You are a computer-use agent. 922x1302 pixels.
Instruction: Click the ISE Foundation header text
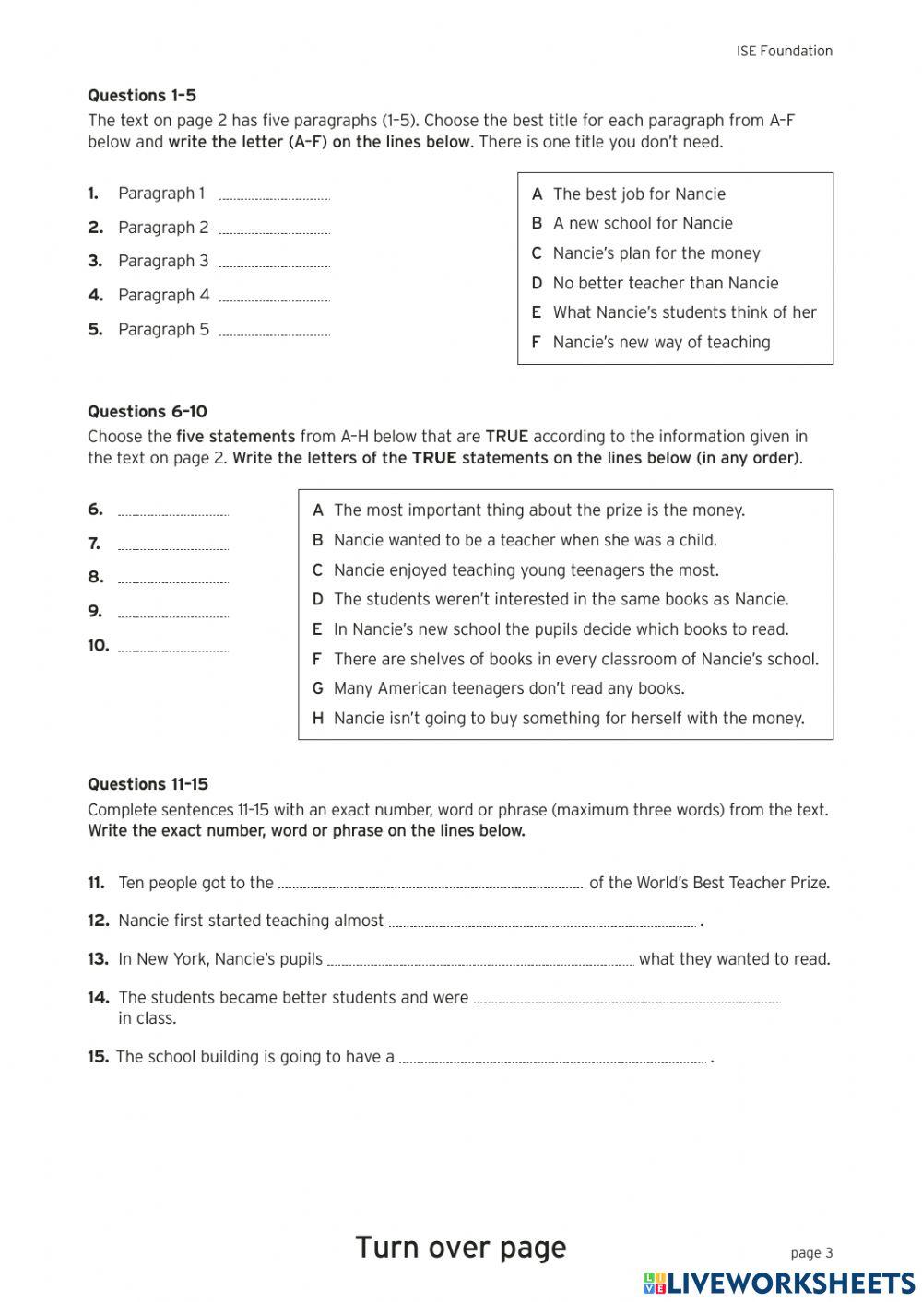(x=784, y=52)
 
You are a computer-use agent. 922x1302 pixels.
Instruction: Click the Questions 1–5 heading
(x=142, y=96)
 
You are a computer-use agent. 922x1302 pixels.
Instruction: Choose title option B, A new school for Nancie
(x=643, y=223)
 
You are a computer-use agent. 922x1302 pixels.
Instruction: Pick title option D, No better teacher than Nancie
(x=665, y=283)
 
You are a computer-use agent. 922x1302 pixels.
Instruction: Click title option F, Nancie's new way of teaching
(x=661, y=342)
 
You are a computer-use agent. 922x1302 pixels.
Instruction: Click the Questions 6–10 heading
(x=148, y=412)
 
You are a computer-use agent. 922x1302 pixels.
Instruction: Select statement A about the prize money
(x=538, y=510)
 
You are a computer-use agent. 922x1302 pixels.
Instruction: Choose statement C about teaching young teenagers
(x=526, y=570)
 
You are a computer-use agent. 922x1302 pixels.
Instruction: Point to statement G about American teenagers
(x=509, y=688)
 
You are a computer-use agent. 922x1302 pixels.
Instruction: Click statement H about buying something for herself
(x=569, y=719)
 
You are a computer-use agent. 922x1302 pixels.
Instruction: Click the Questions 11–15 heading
(x=148, y=784)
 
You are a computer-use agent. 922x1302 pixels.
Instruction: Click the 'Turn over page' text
(x=460, y=1247)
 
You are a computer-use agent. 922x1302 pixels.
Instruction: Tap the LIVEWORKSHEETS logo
(x=779, y=1283)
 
